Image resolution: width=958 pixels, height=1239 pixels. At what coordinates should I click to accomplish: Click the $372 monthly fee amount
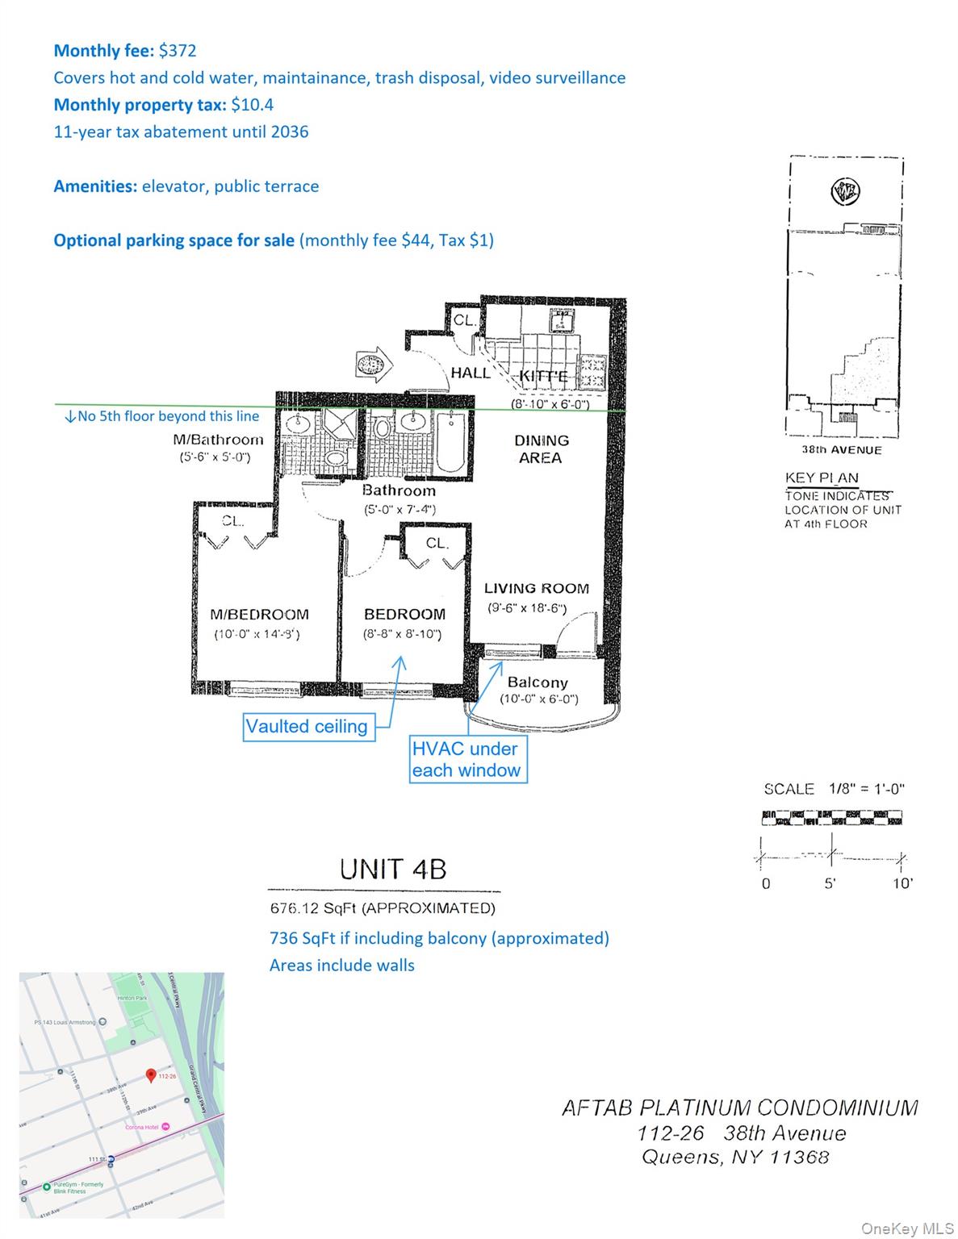point(177,51)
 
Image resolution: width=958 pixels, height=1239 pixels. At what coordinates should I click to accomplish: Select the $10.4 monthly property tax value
point(246,105)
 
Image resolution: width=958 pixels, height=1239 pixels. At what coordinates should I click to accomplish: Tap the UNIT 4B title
point(392,870)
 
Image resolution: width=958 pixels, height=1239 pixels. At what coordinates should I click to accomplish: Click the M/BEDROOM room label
point(259,615)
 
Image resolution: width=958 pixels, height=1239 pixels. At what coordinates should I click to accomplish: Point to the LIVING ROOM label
point(536,589)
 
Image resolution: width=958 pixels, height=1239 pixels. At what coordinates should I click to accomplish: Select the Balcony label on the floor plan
point(538,682)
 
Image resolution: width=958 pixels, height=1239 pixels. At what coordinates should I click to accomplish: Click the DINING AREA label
point(541,449)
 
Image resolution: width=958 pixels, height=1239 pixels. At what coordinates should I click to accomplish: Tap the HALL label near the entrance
point(470,373)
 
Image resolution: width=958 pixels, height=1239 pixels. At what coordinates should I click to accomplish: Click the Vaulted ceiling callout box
point(307,727)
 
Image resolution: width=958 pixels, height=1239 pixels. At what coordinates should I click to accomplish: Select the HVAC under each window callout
point(466,759)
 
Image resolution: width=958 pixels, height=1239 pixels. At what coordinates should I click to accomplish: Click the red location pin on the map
point(150,1075)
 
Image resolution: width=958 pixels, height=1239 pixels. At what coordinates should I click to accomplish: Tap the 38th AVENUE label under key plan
point(841,450)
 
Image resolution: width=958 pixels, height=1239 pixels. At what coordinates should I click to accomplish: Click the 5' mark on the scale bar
point(830,883)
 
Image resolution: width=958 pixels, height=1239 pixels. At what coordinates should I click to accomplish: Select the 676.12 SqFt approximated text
point(382,908)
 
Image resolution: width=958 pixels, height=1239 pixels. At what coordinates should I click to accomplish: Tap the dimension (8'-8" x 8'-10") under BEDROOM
point(402,634)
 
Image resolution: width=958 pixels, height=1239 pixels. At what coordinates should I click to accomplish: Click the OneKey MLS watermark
point(907,1229)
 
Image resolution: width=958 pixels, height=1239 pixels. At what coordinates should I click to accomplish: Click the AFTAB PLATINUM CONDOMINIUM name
point(739,1108)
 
